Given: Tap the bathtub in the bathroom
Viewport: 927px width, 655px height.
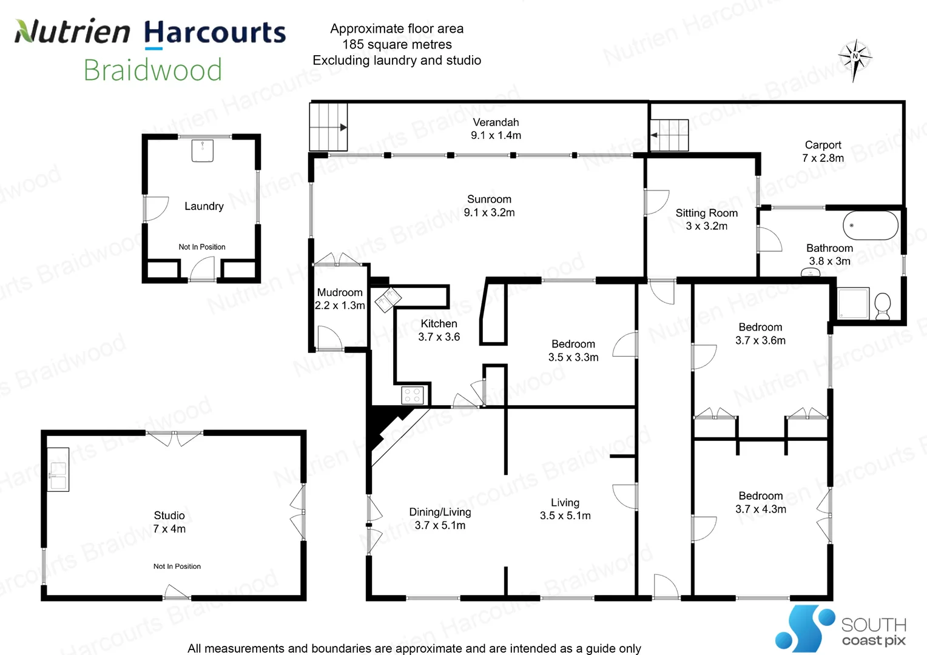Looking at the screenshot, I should [x=871, y=226].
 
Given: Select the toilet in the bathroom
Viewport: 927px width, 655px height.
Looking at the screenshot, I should [x=883, y=305].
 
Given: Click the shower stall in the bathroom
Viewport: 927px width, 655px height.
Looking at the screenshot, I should [x=854, y=303].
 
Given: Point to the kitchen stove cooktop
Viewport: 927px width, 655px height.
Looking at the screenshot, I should [x=413, y=395].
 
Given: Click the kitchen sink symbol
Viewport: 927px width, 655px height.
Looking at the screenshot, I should [x=387, y=300].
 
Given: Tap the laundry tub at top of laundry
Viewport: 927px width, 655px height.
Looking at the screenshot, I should [x=203, y=150].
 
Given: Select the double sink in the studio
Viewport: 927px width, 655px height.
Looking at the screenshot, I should [x=58, y=475].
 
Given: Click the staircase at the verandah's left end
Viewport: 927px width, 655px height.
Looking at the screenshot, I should [x=328, y=127].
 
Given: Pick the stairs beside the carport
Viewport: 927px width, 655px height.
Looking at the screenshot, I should [x=670, y=135].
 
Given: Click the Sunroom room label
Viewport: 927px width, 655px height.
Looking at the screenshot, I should [x=489, y=200].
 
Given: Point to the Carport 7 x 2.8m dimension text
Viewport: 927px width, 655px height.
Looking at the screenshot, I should [x=823, y=158].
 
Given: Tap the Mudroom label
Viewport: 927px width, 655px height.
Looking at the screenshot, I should [x=340, y=292].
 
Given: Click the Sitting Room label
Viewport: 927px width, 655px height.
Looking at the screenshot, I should [x=707, y=213].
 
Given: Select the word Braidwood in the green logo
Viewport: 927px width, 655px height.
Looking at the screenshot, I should [x=153, y=70].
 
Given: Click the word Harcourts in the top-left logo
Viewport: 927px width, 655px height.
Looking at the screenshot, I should [x=215, y=33].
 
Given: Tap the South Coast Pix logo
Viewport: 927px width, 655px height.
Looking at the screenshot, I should [x=840, y=628].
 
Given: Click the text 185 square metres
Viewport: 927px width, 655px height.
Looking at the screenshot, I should [x=397, y=44].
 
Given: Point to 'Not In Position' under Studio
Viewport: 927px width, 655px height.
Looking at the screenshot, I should [x=177, y=566].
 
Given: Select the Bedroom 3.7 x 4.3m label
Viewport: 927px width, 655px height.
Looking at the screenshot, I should [x=761, y=503].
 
